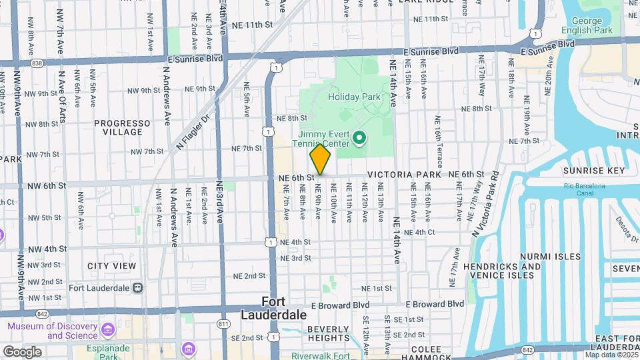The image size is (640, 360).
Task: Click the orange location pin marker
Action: point(320,159)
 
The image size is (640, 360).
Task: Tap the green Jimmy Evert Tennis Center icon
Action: point(359,139)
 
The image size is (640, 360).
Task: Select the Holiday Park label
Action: point(354,97)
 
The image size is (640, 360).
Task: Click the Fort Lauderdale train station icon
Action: point(137,288)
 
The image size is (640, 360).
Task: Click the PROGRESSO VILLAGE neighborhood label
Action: point(122,127)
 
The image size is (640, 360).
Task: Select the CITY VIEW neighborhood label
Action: point(112,266)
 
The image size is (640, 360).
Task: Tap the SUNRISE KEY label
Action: point(594,171)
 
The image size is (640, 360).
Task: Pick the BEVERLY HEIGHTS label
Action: point(328,333)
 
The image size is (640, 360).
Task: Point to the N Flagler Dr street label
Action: point(193,131)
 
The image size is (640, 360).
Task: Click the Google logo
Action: point(22,351)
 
